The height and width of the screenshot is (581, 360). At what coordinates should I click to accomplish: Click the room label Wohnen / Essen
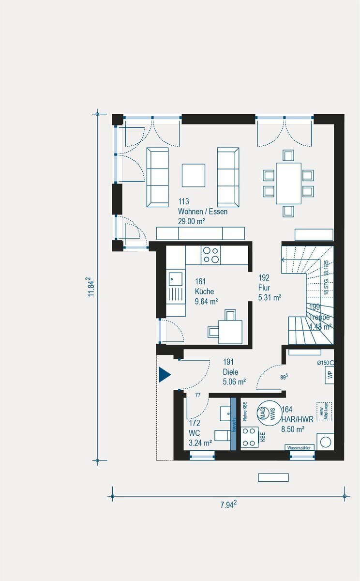(202, 212)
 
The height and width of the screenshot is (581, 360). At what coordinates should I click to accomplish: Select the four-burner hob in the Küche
(210, 255)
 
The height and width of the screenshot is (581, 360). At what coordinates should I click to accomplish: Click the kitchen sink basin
(175, 279)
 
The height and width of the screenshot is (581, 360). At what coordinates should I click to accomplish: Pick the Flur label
(264, 288)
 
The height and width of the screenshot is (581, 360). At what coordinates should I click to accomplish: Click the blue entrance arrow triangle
(165, 374)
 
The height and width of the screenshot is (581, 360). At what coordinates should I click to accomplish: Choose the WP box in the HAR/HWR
(330, 374)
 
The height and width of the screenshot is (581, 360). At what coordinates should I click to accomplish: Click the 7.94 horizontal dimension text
(228, 505)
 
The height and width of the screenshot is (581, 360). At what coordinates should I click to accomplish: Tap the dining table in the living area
(288, 183)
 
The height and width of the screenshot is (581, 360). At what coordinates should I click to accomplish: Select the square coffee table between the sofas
(194, 175)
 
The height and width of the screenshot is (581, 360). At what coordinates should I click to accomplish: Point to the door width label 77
(197, 396)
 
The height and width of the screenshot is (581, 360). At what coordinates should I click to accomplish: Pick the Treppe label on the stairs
(320, 317)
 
